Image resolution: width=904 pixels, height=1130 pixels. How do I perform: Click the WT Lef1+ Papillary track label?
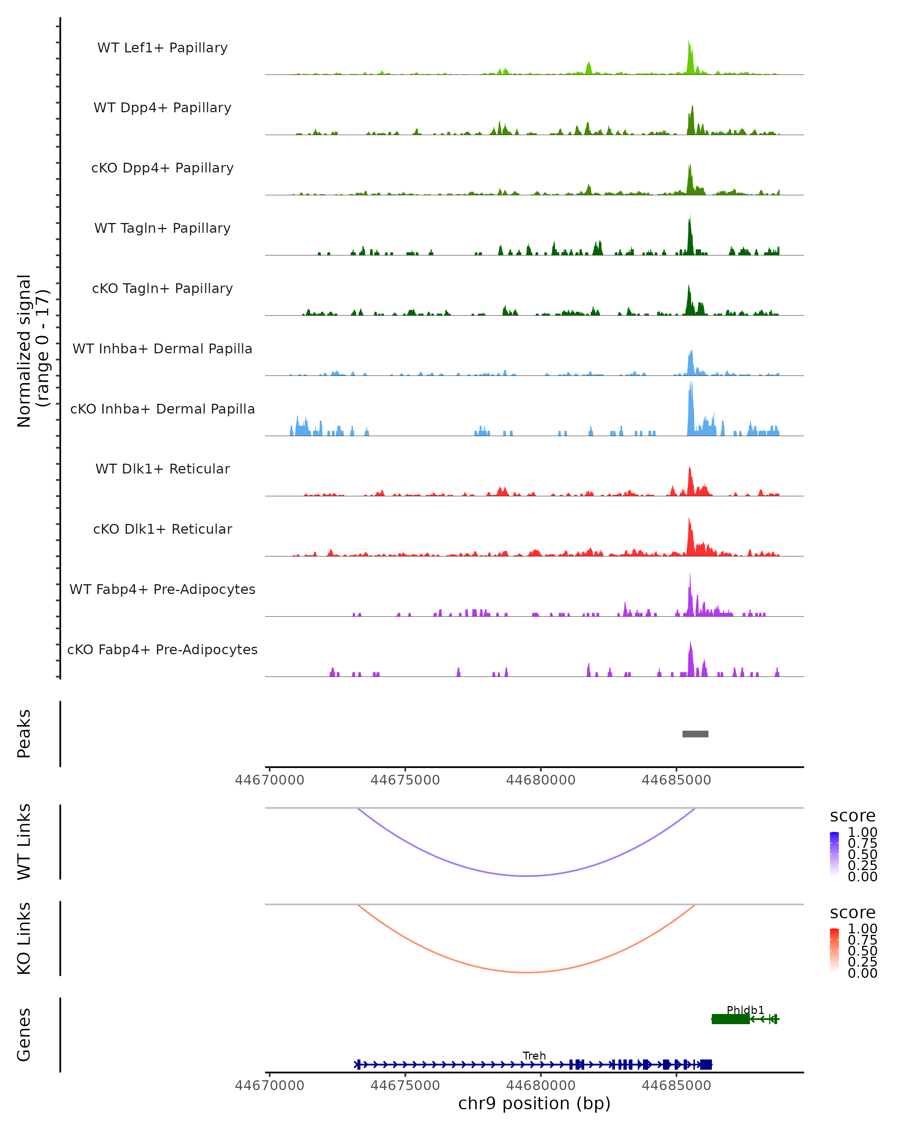click(x=162, y=48)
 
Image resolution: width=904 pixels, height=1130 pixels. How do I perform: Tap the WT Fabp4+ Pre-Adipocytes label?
click(x=162, y=589)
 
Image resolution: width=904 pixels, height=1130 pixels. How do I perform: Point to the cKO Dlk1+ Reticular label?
click(x=162, y=529)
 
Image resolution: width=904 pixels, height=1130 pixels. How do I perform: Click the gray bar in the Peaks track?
click(x=695, y=734)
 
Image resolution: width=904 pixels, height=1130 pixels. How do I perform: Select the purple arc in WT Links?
click(x=527, y=876)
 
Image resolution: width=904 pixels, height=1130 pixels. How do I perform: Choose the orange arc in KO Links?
click(x=527, y=972)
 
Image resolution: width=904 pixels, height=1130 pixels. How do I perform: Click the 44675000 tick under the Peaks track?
click(x=405, y=780)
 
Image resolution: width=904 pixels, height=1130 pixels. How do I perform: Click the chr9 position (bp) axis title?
click(x=534, y=1103)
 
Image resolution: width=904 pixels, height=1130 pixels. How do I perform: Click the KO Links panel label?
click(x=24, y=938)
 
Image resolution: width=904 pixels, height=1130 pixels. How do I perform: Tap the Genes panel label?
click(x=24, y=1035)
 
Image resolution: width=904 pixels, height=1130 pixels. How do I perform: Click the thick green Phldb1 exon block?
click(x=730, y=1019)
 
